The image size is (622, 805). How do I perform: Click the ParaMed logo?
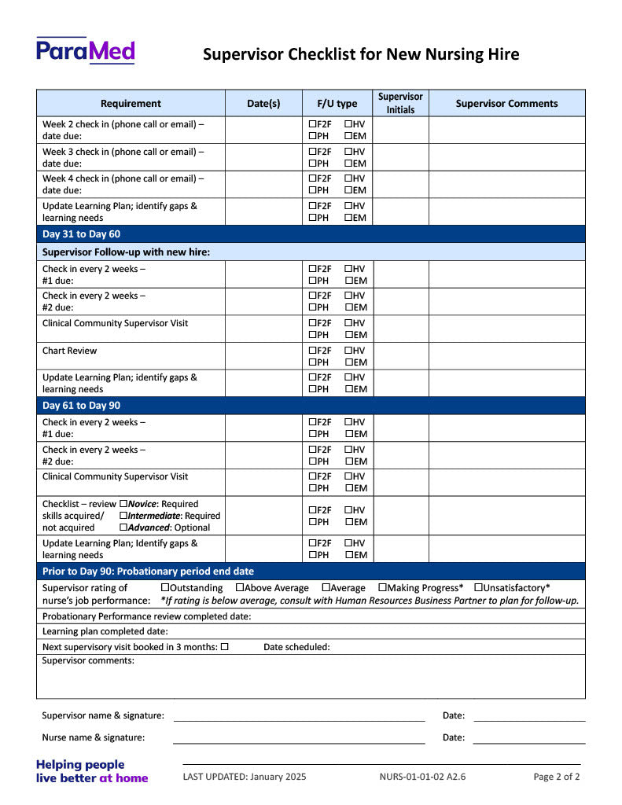click(85, 50)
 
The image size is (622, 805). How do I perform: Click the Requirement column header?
click(131, 103)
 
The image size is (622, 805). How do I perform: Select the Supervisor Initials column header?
click(400, 103)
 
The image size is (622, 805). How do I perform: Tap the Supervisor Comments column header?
click(506, 103)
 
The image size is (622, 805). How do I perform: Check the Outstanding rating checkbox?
click(165, 587)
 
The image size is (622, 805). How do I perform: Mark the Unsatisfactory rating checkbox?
click(478, 587)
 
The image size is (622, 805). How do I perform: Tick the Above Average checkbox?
click(240, 587)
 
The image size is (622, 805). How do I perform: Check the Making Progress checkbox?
click(382, 587)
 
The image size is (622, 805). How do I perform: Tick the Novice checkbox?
click(123, 503)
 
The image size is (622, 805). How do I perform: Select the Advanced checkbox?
click(123, 527)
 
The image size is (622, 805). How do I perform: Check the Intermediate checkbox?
click(123, 515)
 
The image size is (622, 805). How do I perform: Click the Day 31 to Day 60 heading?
click(81, 233)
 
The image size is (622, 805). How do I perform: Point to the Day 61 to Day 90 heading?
click(81, 406)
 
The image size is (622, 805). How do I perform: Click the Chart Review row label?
click(69, 351)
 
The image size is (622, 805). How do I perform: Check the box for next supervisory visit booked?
click(224, 646)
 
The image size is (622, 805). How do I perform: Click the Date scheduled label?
click(296, 647)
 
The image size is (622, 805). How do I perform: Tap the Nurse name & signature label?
click(93, 737)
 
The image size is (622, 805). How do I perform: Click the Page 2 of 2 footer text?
click(556, 777)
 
